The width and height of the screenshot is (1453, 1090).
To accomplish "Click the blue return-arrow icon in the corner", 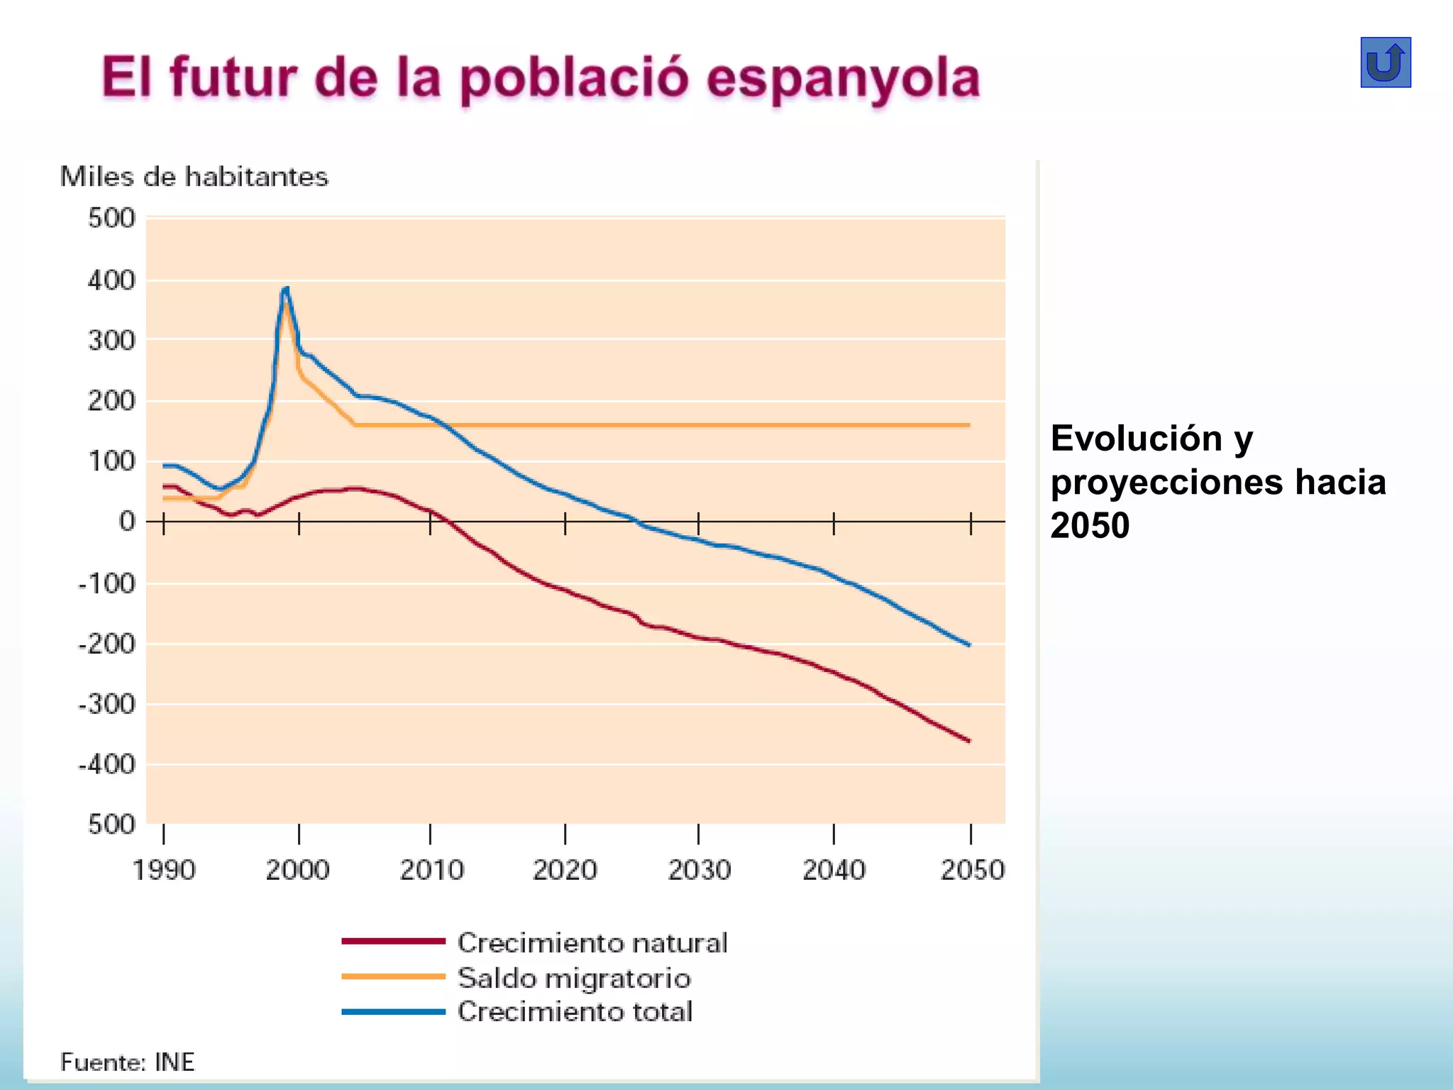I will (x=1385, y=62).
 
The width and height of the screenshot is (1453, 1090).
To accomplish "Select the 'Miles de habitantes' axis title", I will (x=194, y=177).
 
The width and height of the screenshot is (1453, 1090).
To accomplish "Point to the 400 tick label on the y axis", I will (x=111, y=281).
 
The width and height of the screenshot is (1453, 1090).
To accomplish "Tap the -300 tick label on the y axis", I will (x=106, y=705).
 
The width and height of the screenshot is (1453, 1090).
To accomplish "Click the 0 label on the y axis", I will (x=127, y=522).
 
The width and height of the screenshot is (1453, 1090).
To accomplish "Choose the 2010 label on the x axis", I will (x=431, y=870).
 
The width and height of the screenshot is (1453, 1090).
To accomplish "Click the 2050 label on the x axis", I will (x=972, y=870).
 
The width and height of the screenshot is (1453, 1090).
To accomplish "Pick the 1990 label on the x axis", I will (x=164, y=870).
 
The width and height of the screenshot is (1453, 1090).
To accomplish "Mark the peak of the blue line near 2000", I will (x=286, y=288).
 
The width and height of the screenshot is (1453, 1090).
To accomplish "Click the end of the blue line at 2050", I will (x=969, y=645).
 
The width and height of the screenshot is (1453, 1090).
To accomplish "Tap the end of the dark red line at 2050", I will (x=969, y=741).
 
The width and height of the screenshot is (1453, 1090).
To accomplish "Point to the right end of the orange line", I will (x=968, y=425).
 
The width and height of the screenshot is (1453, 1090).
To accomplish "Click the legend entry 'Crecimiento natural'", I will (x=592, y=943).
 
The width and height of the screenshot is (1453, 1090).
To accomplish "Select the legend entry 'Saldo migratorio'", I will (x=574, y=979).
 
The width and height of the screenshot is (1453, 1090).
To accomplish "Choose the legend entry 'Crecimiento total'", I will (x=575, y=1012).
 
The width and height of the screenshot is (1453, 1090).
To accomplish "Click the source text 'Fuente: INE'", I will (x=127, y=1062).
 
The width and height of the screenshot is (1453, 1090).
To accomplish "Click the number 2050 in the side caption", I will (x=1090, y=526).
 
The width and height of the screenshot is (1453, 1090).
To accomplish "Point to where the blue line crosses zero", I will (x=636, y=522).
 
